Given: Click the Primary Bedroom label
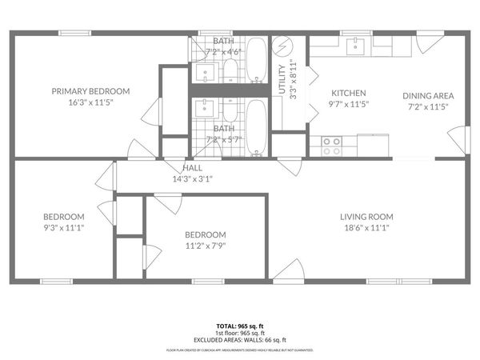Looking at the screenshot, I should pyautogui.click(x=90, y=91).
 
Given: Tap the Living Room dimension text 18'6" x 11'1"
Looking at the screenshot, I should pyautogui.click(x=366, y=228).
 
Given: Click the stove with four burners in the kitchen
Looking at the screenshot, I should pyautogui.click(x=331, y=146).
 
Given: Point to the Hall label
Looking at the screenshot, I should pyautogui.click(x=192, y=168).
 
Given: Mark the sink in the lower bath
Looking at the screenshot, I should pyautogui.click(x=206, y=108).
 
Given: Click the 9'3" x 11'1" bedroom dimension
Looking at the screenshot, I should pyautogui.click(x=63, y=228).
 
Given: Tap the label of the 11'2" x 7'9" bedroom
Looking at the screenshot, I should pyautogui.click(x=206, y=234).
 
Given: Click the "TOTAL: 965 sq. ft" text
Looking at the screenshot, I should pyautogui.click(x=239, y=326).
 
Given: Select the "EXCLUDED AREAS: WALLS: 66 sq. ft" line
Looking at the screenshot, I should pyautogui.click(x=239, y=340).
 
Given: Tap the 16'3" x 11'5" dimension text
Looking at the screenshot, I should pyautogui.click(x=90, y=103).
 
